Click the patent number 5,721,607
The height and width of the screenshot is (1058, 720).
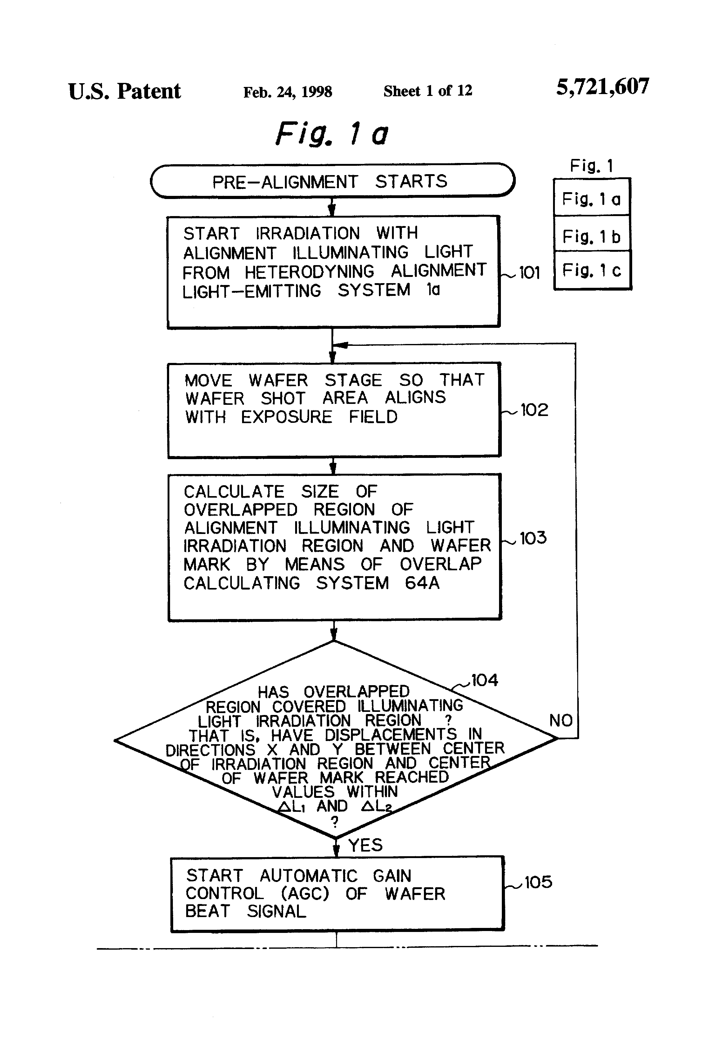pyautogui.click(x=603, y=87)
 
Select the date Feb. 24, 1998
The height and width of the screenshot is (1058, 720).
pyautogui.click(x=288, y=92)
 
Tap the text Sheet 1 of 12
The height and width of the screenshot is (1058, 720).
pyautogui.click(x=428, y=91)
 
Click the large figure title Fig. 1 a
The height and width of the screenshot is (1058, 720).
pyautogui.click(x=332, y=133)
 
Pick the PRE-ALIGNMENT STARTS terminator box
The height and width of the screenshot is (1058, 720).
pyautogui.click(x=333, y=181)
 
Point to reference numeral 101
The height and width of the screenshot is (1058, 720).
pyautogui.click(x=529, y=273)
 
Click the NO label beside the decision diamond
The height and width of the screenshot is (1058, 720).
pyautogui.click(x=561, y=720)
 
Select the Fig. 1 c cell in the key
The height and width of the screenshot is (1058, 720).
pyautogui.click(x=592, y=270)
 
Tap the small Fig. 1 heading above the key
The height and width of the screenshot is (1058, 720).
pyautogui.click(x=592, y=166)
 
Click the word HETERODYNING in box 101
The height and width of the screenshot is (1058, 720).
pyautogui.click(x=309, y=272)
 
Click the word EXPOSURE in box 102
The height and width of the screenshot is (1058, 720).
pyautogui.click(x=287, y=417)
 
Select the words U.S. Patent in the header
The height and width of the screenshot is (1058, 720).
pyautogui.click(x=124, y=91)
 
